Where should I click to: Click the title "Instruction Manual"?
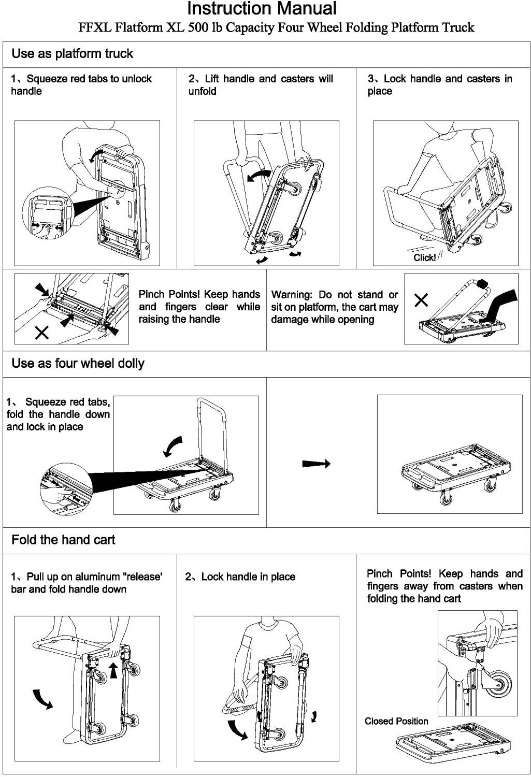pyautogui.click(x=262, y=9)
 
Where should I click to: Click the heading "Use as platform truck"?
pyautogui.click(x=72, y=54)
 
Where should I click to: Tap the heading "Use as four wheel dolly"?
pyautogui.click(x=78, y=364)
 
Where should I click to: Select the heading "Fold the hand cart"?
pyautogui.click(x=63, y=540)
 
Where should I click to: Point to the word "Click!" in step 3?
pyautogui.click(x=424, y=258)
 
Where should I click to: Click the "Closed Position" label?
pyautogui.click(x=396, y=721)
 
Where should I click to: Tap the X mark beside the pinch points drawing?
pyautogui.click(x=41, y=332)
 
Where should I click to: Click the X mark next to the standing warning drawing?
pyautogui.click(x=422, y=299)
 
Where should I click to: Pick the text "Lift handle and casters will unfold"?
pyautogui.click(x=260, y=85)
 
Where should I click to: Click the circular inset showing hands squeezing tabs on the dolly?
pyautogui.click(x=66, y=489)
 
